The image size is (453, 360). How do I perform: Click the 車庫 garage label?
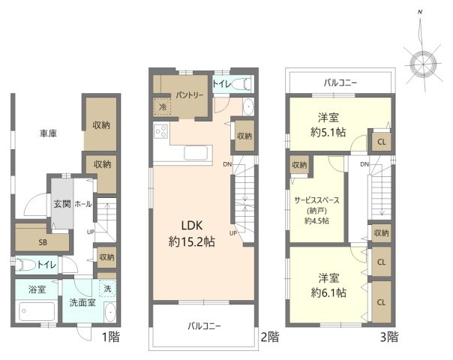(x=48, y=133)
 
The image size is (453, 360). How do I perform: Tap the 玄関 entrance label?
(x=62, y=204)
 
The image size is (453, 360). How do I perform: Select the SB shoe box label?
(x=43, y=242)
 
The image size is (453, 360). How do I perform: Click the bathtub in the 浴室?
(x=37, y=311)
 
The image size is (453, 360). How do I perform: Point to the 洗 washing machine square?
(x=107, y=288)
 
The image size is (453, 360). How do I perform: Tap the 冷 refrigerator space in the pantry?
(x=162, y=107)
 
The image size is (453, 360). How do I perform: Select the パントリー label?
(x=190, y=95)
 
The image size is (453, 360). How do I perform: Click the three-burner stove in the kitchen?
(x=161, y=131)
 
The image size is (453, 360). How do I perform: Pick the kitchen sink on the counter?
(x=196, y=153)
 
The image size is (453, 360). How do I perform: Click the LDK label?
(x=192, y=225)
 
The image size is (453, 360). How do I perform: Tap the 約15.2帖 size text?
(x=192, y=241)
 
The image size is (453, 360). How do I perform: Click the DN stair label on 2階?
(x=227, y=164)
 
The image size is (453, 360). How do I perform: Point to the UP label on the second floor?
(x=233, y=232)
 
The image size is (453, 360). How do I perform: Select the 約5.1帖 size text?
(x=328, y=132)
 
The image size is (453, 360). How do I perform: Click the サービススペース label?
(x=317, y=200)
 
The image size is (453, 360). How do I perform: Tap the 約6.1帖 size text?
(x=328, y=293)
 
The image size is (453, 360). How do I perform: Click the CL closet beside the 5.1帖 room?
(x=381, y=142)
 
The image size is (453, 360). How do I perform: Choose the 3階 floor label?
(x=388, y=337)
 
